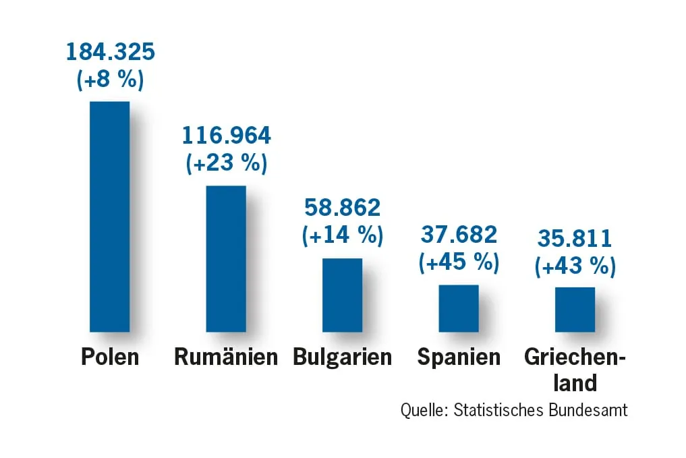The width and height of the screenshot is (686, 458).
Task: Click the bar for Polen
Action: click(x=109, y=217)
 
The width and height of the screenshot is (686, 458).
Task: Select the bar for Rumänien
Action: click(x=226, y=258)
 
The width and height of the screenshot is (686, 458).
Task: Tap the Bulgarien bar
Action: click(x=342, y=295)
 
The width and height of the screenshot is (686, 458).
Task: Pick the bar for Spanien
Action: click(x=459, y=308)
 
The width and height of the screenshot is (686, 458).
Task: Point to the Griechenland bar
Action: click(x=575, y=310)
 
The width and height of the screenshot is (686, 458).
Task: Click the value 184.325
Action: click(x=110, y=51)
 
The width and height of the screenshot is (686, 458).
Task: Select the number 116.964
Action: click(x=227, y=136)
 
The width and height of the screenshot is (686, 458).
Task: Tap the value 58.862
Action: click(x=343, y=207)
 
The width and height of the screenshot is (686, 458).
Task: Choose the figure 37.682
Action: click(x=459, y=234)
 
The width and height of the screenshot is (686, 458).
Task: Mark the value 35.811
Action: click(x=575, y=238)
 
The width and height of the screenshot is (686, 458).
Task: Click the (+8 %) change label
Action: click(x=110, y=79)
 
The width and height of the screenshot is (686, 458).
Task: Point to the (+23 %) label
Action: click(x=227, y=163)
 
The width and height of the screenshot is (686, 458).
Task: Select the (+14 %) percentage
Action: click(x=343, y=235)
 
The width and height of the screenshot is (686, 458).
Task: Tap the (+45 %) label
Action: click(x=459, y=262)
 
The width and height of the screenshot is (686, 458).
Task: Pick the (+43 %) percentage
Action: click(x=575, y=266)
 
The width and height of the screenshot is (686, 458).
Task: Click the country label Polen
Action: click(x=110, y=356)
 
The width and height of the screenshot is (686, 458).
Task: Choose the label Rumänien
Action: click(x=226, y=356)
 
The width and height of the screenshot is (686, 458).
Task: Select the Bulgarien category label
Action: click(x=343, y=357)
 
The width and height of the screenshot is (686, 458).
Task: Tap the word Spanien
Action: click(x=459, y=357)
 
